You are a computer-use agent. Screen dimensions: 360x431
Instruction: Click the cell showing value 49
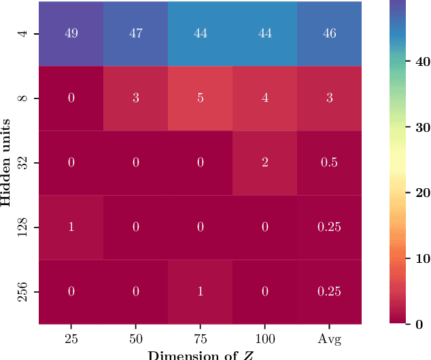pyautogui.click(x=71, y=34)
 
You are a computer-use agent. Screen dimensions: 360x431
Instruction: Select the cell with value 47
pyautogui.click(x=135, y=34)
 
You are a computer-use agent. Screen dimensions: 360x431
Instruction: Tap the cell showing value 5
pyautogui.click(x=200, y=98)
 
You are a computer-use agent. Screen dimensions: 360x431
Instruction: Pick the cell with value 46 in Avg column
pyautogui.click(x=329, y=34)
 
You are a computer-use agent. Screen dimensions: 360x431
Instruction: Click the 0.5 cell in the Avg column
pyautogui.click(x=329, y=163)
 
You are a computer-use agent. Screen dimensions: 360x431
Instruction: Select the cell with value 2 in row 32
pyautogui.click(x=264, y=163)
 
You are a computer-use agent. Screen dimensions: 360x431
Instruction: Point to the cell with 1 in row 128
pyautogui.click(x=71, y=228)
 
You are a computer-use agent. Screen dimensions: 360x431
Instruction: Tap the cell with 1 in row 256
pyautogui.click(x=200, y=292)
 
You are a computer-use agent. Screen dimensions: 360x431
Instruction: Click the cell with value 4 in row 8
pyautogui.click(x=264, y=98)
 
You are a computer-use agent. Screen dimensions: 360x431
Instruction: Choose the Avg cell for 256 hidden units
pyautogui.click(x=329, y=292)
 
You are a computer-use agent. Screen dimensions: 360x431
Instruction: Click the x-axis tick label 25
pyautogui.click(x=71, y=338)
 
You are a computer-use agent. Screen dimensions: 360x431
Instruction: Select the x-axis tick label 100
pyautogui.click(x=264, y=338)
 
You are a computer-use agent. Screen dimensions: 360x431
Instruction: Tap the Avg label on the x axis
pyautogui.click(x=329, y=338)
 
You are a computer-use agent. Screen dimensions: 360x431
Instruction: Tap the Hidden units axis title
pyautogui.click(x=7, y=163)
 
